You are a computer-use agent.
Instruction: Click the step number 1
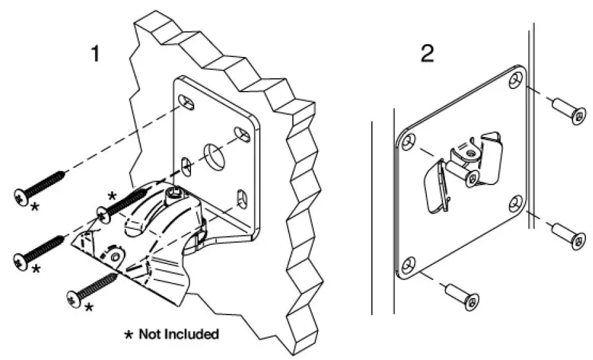pos(95,54)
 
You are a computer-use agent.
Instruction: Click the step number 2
pos(427,54)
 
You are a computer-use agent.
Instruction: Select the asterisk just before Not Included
pos(129,334)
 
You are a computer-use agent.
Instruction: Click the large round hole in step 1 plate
pos(214,154)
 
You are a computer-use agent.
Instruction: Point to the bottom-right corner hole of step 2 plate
pos(517,204)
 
